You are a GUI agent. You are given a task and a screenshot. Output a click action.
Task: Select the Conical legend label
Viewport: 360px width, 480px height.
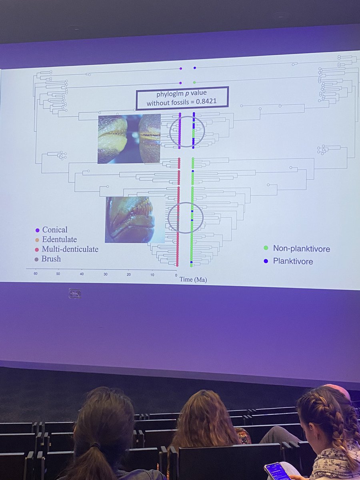tap(55, 230)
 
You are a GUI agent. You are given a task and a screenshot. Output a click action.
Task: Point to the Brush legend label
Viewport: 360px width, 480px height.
tap(51, 259)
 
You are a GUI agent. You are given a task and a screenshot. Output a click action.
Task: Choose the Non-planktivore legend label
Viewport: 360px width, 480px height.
tap(301, 249)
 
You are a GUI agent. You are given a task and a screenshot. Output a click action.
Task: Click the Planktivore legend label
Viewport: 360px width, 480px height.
tap(293, 262)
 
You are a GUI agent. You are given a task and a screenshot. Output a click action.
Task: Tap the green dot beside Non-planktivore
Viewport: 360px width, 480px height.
tap(266, 248)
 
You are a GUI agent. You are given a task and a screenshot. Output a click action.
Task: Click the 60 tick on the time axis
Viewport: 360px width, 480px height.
tap(35, 274)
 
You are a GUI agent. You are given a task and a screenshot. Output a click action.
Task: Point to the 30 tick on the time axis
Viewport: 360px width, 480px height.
tap(106, 274)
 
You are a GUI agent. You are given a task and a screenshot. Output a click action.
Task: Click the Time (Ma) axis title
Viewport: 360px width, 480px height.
tap(193, 280)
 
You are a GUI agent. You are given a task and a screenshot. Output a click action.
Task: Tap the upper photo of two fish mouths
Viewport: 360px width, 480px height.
tap(129, 138)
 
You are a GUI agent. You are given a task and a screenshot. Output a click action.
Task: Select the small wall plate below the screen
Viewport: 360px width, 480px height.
tap(75, 293)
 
